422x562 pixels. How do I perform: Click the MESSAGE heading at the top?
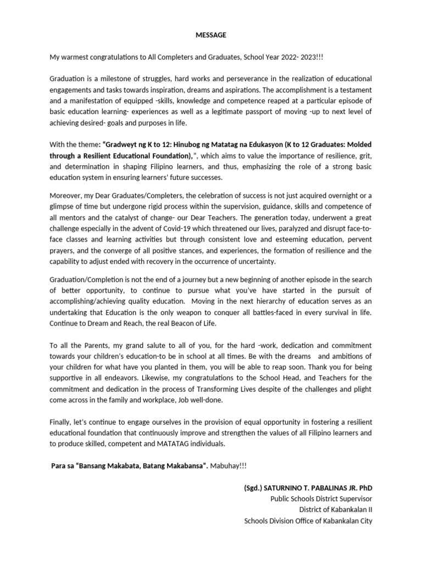211,35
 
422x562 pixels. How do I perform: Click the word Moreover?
66,195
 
